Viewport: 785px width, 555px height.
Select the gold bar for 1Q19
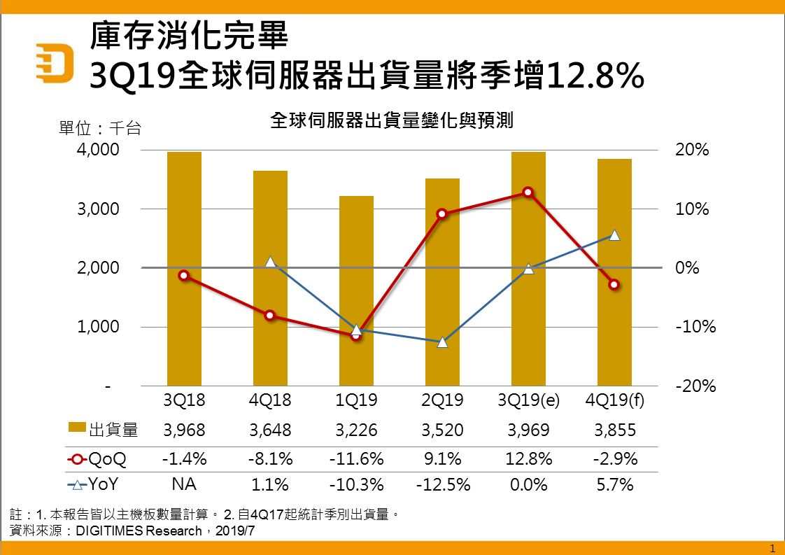(356, 290)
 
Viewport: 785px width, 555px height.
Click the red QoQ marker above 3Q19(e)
(528, 192)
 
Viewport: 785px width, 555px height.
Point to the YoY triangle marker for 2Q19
(442, 342)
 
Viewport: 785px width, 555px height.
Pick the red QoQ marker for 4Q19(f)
(614, 285)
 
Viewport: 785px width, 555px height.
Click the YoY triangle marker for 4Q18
(270, 262)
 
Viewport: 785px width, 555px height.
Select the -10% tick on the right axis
(695, 327)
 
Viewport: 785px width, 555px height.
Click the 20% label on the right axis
(693, 150)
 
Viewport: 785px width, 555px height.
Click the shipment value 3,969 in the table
(528, 430)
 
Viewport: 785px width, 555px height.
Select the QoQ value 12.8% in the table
(528, 459)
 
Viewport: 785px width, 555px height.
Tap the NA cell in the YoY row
(184, 484)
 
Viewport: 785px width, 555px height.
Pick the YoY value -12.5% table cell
(442, 484)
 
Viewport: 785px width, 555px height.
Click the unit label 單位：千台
(100, 129)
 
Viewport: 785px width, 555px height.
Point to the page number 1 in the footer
(772, 547)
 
